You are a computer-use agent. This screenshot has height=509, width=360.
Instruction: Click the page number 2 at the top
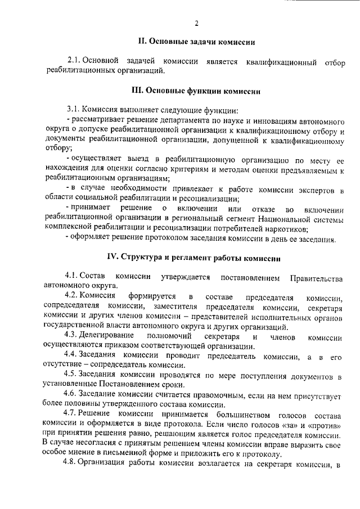196,22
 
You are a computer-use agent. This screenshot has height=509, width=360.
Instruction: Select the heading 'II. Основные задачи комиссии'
196,41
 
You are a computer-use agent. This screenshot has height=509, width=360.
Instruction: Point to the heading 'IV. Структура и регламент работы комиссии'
194,257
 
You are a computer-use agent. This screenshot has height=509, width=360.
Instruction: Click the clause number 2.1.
75,60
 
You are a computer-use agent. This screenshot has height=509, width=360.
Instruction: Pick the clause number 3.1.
74,109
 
